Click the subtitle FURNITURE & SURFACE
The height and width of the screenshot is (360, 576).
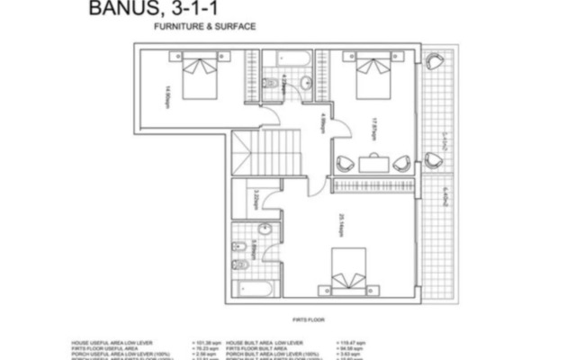pos(206,27)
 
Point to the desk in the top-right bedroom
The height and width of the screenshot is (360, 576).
pos(373,163)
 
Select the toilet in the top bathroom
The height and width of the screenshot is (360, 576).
pos(273,85)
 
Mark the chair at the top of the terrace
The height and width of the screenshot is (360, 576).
pos(435,60)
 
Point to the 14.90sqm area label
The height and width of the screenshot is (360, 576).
pos(167,94)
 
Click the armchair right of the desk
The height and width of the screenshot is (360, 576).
pos(401,163)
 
